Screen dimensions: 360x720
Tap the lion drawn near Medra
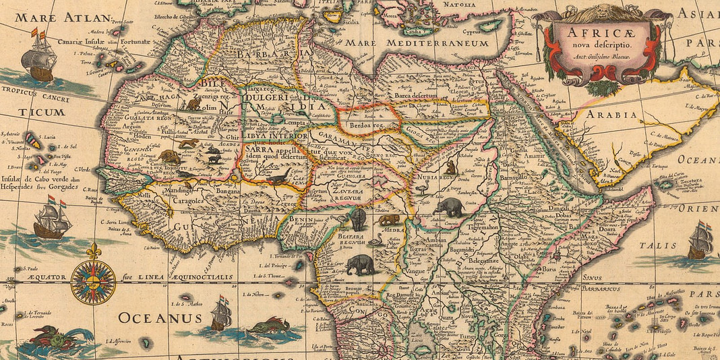(x=388, y=219)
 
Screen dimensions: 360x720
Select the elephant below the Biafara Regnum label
(x=361, y=265)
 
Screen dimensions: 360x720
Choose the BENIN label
(x=304, y=220)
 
